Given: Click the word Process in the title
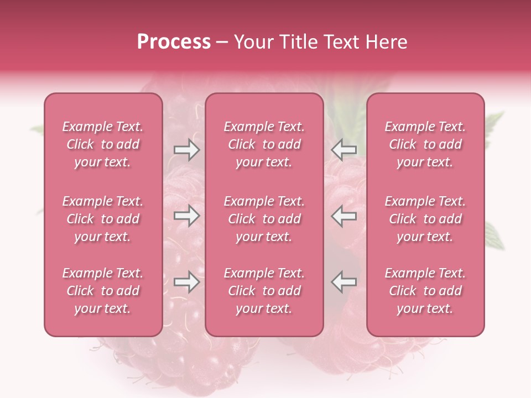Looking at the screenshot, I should (x=174, y=42).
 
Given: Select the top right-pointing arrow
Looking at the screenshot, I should (x=186, y=150).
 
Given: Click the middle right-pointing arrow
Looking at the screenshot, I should (x=186, y=216).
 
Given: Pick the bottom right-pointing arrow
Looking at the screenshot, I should (x=186, y=282).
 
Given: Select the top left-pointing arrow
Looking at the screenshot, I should (x=344, y=150).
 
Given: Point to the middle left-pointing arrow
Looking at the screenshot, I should (x=344, y=216).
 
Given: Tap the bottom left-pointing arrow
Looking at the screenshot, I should (x=344, y=282).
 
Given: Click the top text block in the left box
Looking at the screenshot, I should (x=103, y=144).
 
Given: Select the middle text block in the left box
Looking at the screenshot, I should (x=103, y=219).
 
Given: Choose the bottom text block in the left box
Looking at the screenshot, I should (x=103, y=291).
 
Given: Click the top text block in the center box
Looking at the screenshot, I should (x=264, y=144).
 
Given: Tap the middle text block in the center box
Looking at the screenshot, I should (x=264, y=219).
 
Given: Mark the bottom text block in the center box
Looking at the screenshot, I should (x=264, y=291).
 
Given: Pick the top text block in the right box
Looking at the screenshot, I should (x=425, y=144).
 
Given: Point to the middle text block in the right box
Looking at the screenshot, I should (x=425, y=219).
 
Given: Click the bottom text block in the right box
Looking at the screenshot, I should (x=425, y=291).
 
